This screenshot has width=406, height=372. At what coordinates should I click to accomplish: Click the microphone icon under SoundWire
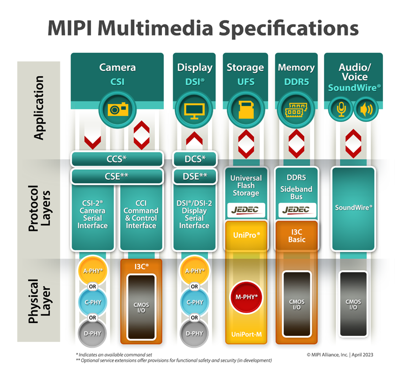click(341, 109)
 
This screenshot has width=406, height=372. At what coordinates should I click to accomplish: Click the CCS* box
click(117, 159)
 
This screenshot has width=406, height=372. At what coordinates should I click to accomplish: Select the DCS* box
click(195, 159)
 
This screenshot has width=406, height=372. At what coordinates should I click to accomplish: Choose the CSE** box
click(117, 176)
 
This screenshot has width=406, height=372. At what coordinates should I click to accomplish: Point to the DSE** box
click(195, 176)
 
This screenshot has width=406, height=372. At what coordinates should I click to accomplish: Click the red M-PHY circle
click(246, 297)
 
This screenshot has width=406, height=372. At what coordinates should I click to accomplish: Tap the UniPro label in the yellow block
click(246, 234)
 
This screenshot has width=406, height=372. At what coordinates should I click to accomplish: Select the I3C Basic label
click(296, 235)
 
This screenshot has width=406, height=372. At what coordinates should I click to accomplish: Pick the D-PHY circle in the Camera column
click(92, 334)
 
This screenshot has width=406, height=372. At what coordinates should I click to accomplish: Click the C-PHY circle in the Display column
click(194, 302)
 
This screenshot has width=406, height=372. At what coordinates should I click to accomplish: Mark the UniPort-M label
click(246, 334)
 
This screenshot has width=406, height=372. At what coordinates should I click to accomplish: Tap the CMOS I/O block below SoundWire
click(353, 304)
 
